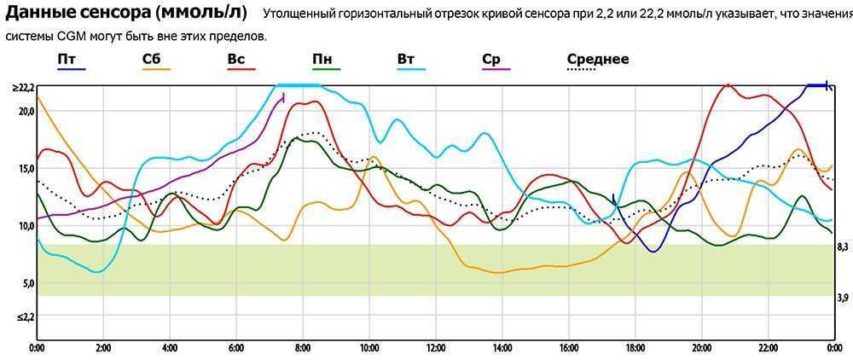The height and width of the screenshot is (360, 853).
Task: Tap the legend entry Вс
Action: coord(236,59)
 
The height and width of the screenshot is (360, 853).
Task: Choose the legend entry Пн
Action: coord(322,59)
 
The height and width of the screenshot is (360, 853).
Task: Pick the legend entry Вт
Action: coord(406,59)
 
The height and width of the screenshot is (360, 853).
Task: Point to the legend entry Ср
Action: coord(491,59)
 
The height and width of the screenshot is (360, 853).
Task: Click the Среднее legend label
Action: coord(597,59)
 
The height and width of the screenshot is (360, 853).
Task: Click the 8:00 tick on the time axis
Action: coord(303,348)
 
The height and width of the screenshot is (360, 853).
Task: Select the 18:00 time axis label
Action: coord(635,348)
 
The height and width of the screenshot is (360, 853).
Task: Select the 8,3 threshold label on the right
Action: coord(842,247)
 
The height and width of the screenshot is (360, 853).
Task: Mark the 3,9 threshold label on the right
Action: coord(842,297)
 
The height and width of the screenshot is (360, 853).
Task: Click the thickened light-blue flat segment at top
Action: coord(298,85)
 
